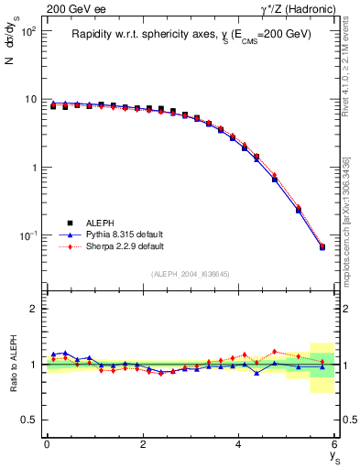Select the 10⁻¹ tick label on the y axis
(x=28, y=235)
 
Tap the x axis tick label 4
(x=238, y=444)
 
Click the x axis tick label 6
(x=334, y=444)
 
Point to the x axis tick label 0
(x=47, y=444)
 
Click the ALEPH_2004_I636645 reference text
(x=191, y=274)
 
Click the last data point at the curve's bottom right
(x=322, y=246)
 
